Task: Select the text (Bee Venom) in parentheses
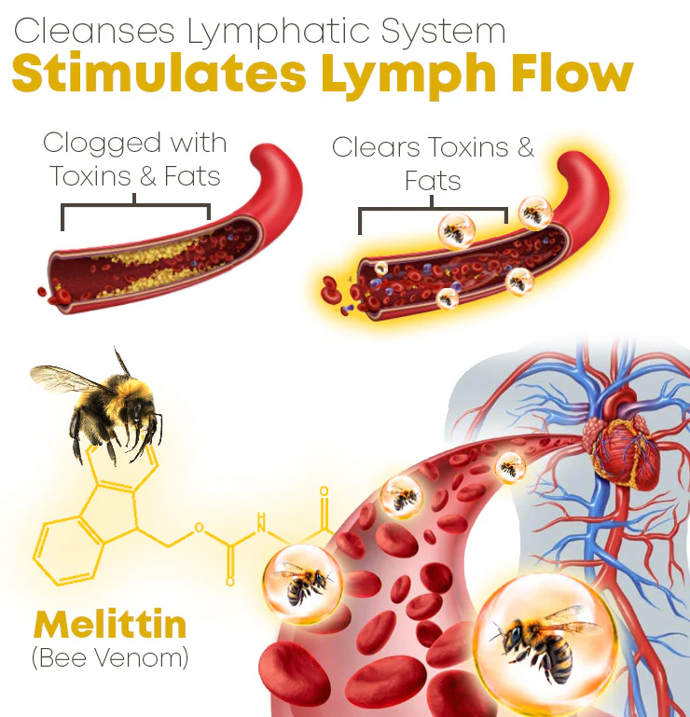coord(110,657)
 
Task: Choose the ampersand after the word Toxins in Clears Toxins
coord(526,147)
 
